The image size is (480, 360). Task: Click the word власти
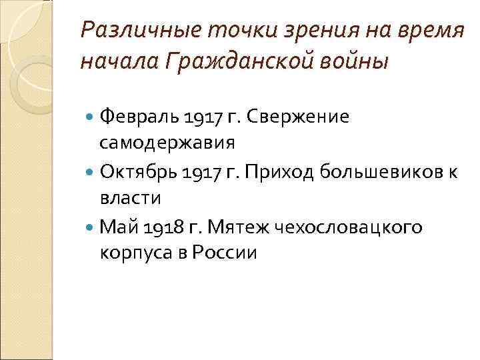coord(130,198)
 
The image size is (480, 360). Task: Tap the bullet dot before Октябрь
coord(91,172)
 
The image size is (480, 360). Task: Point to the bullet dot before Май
coord(91,227)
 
